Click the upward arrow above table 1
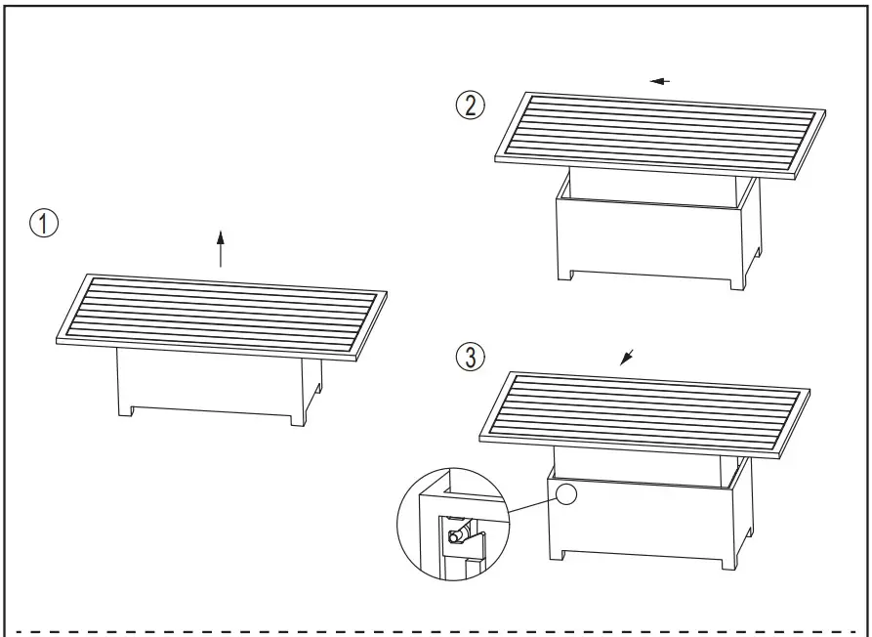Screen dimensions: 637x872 [x=221, y=248]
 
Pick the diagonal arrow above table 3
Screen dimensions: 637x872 [x=627, y=357]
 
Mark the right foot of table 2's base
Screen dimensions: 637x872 [x=734, y=282]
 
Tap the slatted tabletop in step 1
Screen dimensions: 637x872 [x=220, y=316]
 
